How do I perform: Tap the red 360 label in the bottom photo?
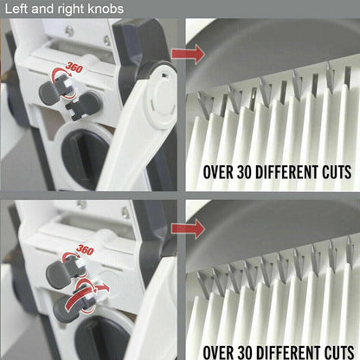85,251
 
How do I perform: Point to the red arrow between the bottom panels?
185,229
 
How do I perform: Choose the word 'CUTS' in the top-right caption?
334,171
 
